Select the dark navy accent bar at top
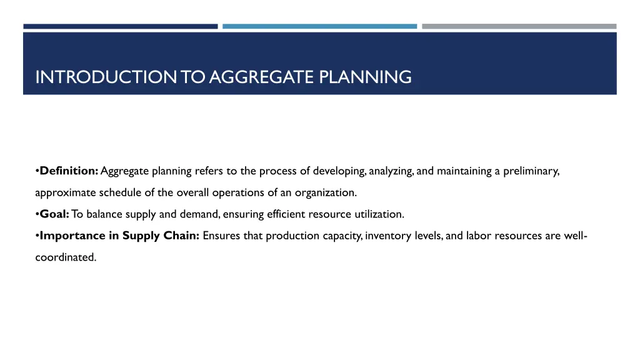(121, 26)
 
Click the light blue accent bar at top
(319, 26)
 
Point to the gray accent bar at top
(519, 26)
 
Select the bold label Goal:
(54, 214)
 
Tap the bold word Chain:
(181, 236)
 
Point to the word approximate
(66, 192)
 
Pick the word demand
(200, 214)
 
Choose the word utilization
(381, 214)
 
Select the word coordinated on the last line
(66, 257)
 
